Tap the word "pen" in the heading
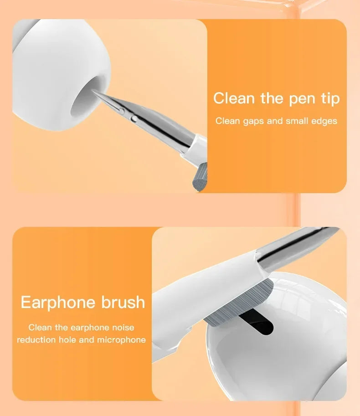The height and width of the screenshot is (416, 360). (299, 98)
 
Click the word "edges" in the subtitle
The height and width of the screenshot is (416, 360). (324, 121)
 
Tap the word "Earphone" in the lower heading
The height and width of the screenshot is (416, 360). (58, 303)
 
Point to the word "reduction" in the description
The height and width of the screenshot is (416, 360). (36, 340)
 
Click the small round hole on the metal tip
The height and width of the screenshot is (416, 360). (133, 118)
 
